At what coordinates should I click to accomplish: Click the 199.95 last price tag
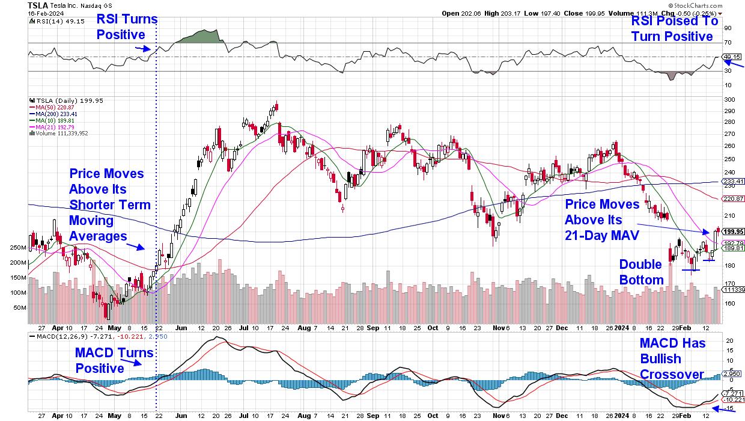[x=733, y=232]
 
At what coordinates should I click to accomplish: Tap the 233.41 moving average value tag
[x=733, y=182]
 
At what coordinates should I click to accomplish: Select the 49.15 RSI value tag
[x=733, y=57]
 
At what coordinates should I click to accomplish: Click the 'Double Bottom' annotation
[x=641, y=272]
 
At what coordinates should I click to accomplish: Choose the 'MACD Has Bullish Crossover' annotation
[x=671, y=358]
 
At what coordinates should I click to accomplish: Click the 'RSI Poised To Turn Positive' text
[x=674, y=28]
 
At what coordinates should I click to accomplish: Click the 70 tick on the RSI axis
[x=728, y=42]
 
